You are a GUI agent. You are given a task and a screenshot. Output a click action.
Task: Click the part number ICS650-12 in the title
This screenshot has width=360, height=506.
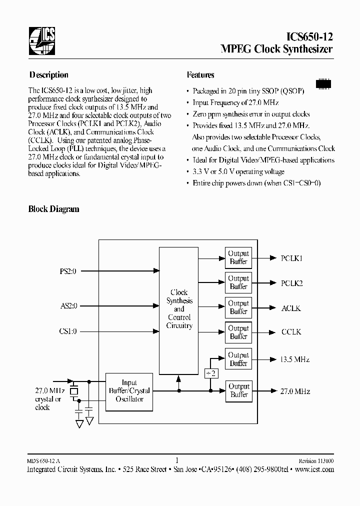click(307, 36)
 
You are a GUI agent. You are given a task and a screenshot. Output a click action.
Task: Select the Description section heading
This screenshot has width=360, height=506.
click(48, 75)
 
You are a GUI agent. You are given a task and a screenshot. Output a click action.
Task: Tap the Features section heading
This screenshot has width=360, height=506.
click(200, 75)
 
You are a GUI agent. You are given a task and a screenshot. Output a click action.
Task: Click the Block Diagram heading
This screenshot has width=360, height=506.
click(53, 209)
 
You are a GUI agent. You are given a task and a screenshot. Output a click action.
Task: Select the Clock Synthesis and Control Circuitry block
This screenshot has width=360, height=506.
click(179, 309)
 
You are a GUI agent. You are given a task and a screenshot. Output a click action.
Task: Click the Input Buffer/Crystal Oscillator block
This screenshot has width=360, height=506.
click(129, 391)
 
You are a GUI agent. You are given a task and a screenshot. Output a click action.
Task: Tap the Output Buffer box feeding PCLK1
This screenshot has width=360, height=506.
click(238, 257)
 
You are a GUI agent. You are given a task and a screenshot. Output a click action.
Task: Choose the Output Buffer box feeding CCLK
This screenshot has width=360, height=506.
click(238, 332)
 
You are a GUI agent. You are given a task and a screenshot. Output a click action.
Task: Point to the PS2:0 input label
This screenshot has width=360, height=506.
click(68, 271)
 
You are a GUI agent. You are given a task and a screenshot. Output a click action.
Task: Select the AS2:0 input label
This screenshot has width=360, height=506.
click(68, 305)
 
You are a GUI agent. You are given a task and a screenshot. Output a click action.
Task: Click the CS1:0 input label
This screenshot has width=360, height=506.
click(68, 331)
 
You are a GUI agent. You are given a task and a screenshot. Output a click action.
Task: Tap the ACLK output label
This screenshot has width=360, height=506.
click(291, 308)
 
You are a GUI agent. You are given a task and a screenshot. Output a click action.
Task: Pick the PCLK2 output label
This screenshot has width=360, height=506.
click(292, 283)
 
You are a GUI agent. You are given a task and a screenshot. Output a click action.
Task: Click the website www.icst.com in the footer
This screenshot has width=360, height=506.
click(314, 469)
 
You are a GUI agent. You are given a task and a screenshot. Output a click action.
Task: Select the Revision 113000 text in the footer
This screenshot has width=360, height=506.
click(316, 461)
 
